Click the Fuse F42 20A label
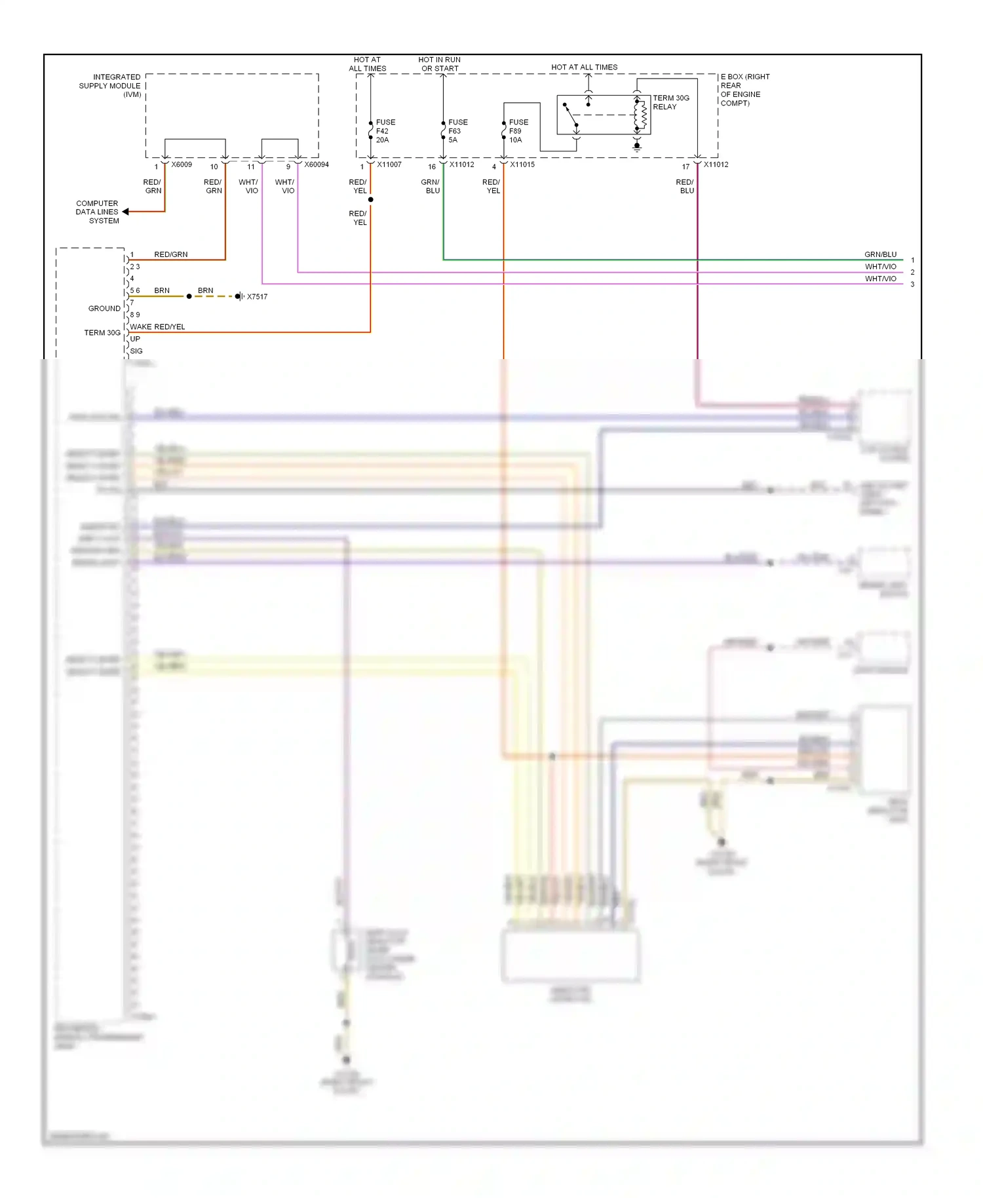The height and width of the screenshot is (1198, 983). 385,131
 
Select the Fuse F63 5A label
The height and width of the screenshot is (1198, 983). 457,131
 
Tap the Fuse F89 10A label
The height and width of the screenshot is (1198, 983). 518,131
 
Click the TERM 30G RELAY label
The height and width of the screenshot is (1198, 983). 670,102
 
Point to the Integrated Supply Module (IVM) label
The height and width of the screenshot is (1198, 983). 110,86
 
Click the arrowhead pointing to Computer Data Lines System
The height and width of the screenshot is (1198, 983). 125,212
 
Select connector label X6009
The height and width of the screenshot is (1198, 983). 182,164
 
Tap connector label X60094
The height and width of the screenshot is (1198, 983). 317,164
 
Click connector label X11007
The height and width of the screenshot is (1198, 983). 389,164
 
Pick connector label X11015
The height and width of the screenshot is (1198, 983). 522,164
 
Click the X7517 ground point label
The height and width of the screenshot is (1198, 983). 257,297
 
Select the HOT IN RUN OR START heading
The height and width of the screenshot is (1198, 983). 440,64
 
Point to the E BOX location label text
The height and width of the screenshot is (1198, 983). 744,90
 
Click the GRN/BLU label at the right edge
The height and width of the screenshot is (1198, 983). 880,254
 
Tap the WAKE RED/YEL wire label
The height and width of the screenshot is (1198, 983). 157,327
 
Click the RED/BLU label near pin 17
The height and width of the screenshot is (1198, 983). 685,187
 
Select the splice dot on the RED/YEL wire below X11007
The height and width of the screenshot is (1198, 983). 371,199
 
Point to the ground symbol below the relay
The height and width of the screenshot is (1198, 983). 636,148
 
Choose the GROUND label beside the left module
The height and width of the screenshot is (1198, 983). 104,309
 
